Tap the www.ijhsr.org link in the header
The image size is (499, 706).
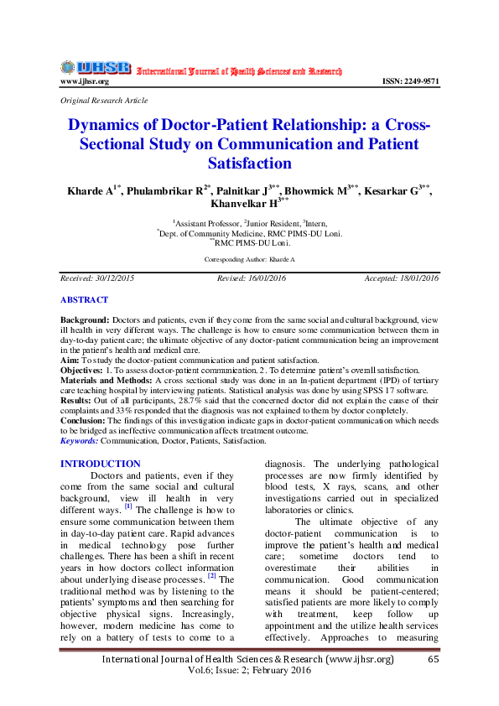point(84,81)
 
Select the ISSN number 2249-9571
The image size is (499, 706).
point(410,81)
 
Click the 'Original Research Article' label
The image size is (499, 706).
point(104,100)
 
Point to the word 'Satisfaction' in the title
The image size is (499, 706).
point(249,163)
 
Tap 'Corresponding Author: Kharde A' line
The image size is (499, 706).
point(249,260)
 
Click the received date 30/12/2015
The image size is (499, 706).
point(116,278)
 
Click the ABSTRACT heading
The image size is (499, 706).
point(84,299)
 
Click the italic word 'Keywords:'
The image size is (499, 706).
point(81,439)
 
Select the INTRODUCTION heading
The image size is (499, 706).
point(101,464)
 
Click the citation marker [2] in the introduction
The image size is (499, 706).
point(212,576)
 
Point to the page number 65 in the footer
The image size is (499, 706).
point(434,661)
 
